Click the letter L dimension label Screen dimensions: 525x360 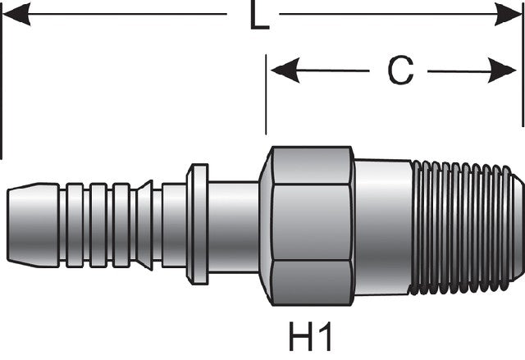[259, 16]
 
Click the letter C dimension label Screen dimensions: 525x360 [400, 71]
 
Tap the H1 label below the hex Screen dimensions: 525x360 [310, 336]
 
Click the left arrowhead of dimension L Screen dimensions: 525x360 [16, 14]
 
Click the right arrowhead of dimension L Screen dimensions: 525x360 [508, 14]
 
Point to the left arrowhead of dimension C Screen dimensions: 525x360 [285, 71]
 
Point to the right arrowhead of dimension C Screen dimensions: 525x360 [501, 71]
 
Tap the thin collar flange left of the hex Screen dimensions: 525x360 [198, 224]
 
